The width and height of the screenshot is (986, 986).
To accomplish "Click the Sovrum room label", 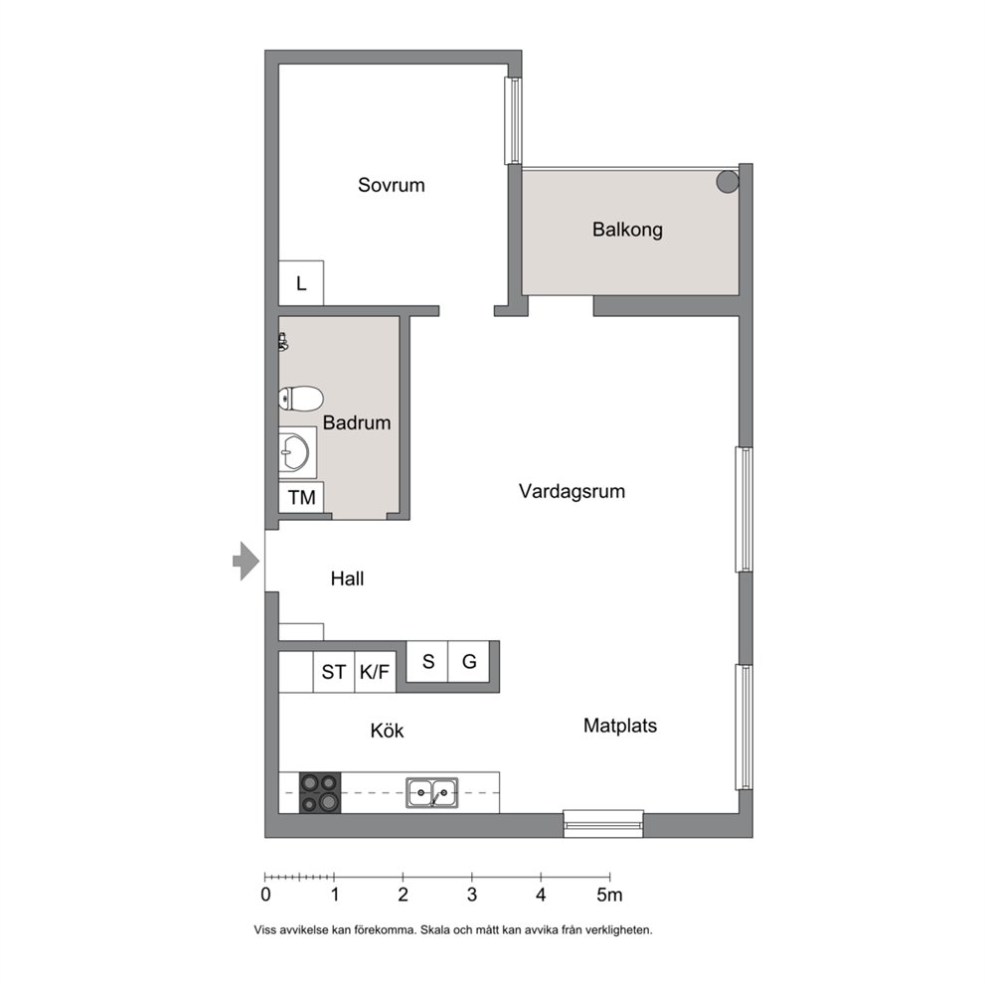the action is coord(392,185).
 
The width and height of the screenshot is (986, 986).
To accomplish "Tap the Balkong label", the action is coord(627,230).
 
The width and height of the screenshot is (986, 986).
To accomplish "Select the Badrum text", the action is coord(357,422).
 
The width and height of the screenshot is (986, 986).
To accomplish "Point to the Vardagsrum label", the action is coord(572,491).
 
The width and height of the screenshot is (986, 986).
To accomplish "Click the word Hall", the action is coord(347,578).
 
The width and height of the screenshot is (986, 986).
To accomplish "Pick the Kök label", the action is coord(387,731).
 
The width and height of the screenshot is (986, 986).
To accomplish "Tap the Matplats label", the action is coord(620,726).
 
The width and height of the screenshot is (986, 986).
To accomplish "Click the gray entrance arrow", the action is coord(246,561).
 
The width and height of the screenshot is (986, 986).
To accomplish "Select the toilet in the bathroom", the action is coord(301,399).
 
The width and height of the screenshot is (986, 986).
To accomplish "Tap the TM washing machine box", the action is coord(301,497).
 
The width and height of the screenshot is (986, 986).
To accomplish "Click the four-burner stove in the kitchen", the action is coord(319,793).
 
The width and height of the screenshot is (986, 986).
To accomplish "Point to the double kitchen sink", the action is coord(432,793).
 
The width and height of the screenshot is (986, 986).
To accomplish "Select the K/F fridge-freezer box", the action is coord(375,672).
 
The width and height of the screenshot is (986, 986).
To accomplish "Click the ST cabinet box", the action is coord(333,672).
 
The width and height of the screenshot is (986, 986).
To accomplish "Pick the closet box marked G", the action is coord(468,662).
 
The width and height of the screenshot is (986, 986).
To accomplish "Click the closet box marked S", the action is coord(427,662).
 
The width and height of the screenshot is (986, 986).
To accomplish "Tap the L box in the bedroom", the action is coord(301,283).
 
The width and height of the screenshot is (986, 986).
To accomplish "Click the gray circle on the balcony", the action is coord(728,182).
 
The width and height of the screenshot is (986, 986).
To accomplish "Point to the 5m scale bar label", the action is coord(609,895).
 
